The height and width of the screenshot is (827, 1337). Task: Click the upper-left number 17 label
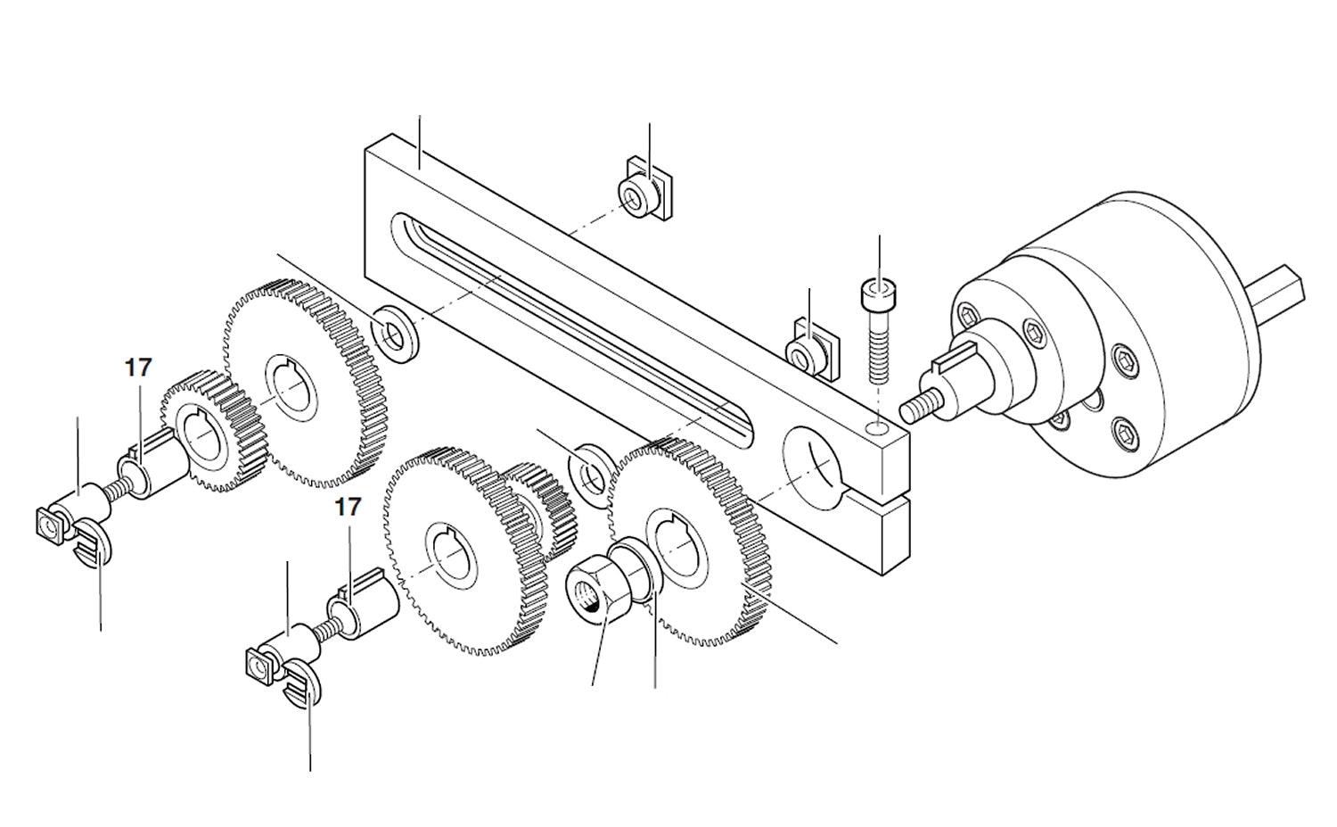138,368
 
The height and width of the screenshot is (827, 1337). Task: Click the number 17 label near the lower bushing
348,508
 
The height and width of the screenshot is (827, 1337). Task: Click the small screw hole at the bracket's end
878,429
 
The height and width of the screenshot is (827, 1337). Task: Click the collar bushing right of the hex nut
640,571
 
